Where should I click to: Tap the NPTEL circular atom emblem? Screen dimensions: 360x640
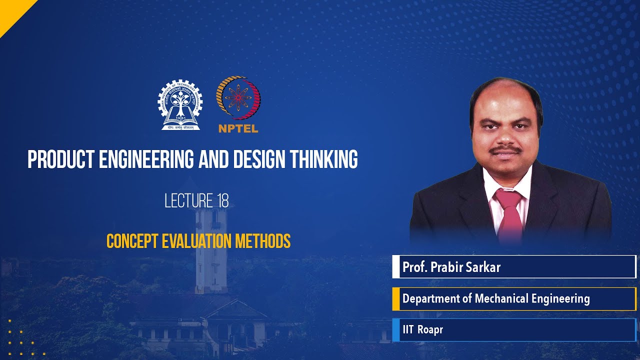[x=238, y=97]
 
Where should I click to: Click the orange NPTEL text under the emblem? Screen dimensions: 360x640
[x=238, y=128]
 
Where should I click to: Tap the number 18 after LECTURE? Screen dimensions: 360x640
[x=223, y=201]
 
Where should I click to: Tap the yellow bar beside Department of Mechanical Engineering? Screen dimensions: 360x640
[x=395, y=299]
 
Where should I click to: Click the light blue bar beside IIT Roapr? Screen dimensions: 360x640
[x=395, y=330]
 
